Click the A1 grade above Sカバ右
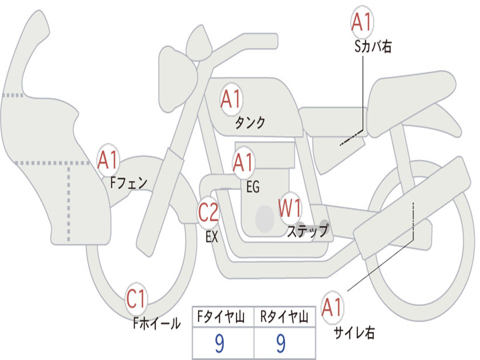point(361,22)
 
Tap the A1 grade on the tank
point(231,99)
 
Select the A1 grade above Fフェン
point(108,159)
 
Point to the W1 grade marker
point(290,208)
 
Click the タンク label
point(250,123)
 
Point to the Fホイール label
point(157,323)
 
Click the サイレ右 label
point(354,332)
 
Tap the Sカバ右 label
point(373,46)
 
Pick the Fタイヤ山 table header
point(222,317)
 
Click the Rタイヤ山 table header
point(284,317)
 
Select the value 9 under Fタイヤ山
point(219,344)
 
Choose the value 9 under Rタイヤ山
point(281,344)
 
